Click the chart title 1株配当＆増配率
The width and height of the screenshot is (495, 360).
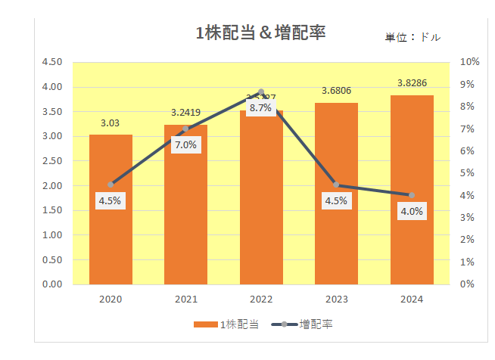pyautogui.click(x=260, y=33)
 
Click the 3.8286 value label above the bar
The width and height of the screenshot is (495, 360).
pyautogui.click(x=412, y=82)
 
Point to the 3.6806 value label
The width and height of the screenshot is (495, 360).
pyautogui.click(x=336, y=90)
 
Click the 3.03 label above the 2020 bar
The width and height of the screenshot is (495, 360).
pyautogui.click(x=111, y=122)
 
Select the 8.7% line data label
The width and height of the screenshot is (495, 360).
pyautogui.click(x=260, y=108)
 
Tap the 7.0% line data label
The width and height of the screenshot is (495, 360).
pyautogui.click(x=185, y=144)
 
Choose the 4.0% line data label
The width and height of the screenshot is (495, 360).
pyautogui.click(x=412, y=212)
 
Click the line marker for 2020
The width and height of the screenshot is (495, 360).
pyautogui.click(x=111, y=185)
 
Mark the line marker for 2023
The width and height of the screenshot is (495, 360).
pyautogui.click(x=336, y=185)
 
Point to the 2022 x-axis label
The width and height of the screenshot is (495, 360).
pyautogui.click(x=260, y=299)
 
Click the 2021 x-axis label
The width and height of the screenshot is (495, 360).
pyautogui.click(x=185, y=299)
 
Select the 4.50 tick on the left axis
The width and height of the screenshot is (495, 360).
pyautogui.click(x=52, y=62)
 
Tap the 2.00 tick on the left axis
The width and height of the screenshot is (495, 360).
pyautogui.click(x=52, y=185)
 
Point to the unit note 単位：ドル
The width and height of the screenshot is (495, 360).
pyautogui.click(x=412, y=37)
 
